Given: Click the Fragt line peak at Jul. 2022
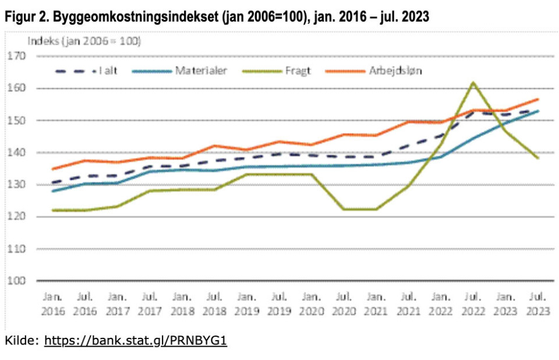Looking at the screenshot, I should (x=473, y=83).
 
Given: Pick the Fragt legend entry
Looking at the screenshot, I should (x=298, y=71).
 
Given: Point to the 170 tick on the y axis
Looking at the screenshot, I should (x=17, y=57).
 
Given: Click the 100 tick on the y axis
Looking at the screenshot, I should (x=17, y=281).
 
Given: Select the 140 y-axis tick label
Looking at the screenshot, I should (x=17, y=153).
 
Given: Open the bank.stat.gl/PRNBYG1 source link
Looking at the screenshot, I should (x=135, y=340).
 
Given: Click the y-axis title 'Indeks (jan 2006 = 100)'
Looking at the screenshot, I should (x=84, y=42).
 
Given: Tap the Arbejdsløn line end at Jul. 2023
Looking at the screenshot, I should (x=537, y=99).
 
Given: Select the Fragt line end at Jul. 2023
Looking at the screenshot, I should (x=537, y=158).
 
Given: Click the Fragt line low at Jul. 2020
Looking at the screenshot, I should (x=344, y=209).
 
